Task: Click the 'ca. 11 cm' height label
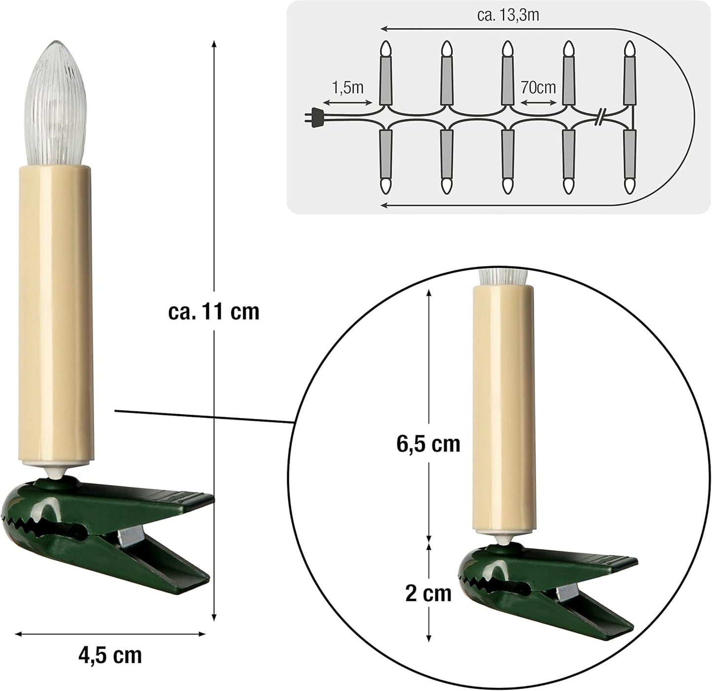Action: tap(214, 312)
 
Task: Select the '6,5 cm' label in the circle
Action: tap(429, 444)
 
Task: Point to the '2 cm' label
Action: tap(428, 595)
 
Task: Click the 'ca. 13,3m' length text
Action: tap(508, 15)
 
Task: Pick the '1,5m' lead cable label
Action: tap(347, 88)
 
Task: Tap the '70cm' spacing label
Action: tap(538, 87)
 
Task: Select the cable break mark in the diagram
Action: tap(600, 117)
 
